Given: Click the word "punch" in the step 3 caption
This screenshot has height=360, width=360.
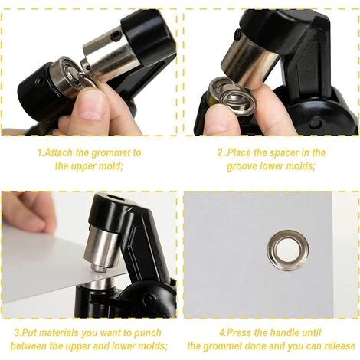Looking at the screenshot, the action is [x=148, y=332].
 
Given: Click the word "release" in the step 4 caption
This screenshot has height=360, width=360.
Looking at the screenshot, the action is [x=339, y=346].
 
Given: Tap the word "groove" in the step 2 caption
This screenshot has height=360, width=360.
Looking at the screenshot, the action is [x=242, y=166].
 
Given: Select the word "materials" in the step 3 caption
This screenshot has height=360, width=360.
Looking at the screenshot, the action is [x=59, y=332].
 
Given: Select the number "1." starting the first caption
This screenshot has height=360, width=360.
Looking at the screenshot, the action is [x=41, y=152].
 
